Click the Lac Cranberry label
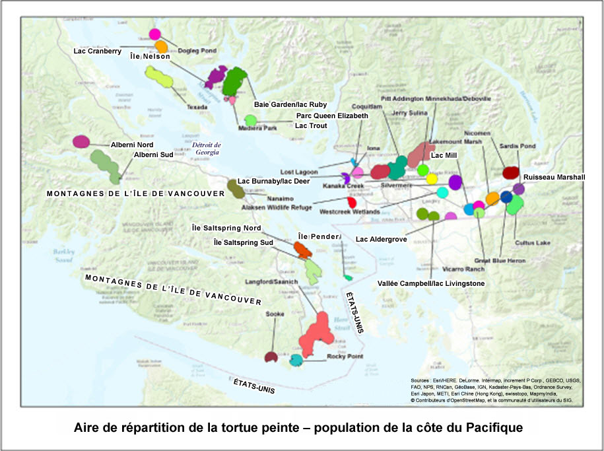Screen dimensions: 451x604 point(96,51)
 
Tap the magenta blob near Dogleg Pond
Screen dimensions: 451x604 point(155,34)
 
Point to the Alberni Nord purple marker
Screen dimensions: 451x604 point(81,141)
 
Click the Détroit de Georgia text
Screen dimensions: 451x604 point(207,148)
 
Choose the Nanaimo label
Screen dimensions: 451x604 point(280,198)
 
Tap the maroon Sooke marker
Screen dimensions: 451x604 point(270,357)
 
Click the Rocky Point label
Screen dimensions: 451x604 point(345,357)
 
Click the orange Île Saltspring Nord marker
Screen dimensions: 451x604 point(302,249)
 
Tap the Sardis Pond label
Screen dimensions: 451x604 point(537,146)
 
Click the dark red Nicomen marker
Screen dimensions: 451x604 point(510,172)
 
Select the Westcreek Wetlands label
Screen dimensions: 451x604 point(349,212)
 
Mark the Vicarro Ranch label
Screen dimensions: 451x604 point(465,269)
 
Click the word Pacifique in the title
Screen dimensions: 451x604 point(487,427)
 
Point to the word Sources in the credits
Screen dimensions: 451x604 point(420,381)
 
